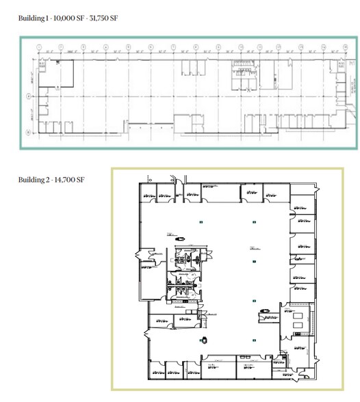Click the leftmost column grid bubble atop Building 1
(39, 48)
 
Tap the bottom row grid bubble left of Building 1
(28, 130)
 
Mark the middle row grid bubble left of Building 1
(28, 96)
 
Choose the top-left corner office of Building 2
(147, 193)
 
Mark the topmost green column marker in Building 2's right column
(254, 221)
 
